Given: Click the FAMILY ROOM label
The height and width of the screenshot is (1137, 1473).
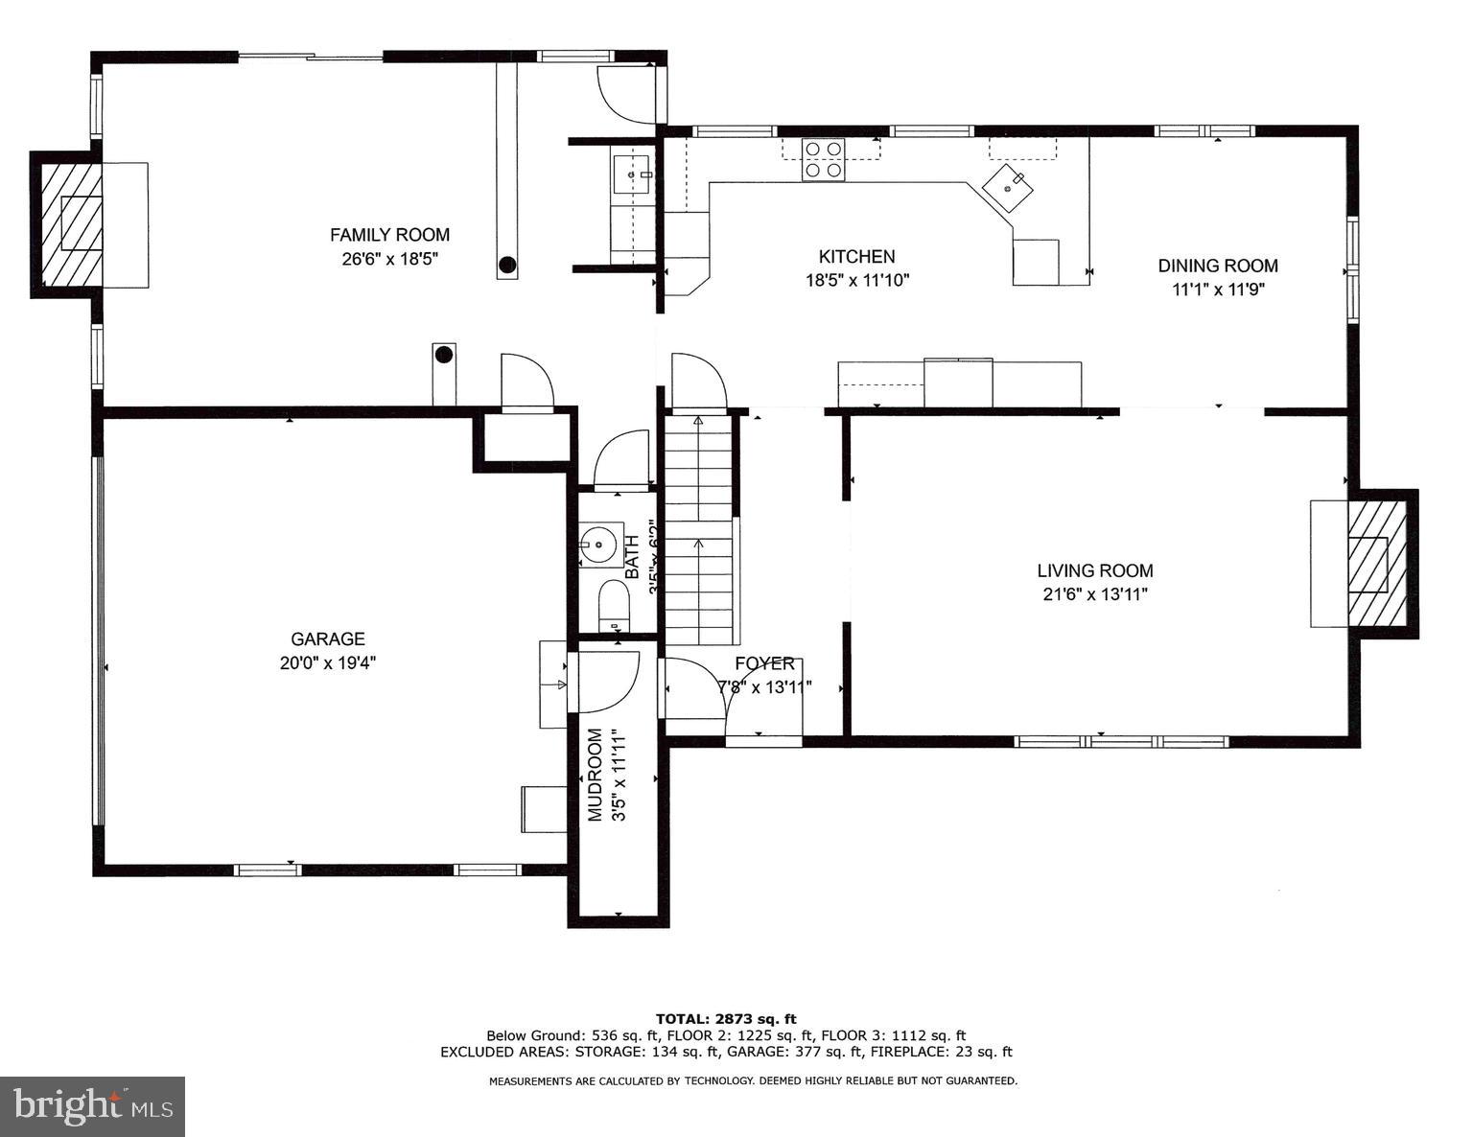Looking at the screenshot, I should click(x=389, y=235).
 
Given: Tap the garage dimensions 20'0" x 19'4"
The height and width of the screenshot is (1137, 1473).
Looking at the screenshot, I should click(x=328, y=662).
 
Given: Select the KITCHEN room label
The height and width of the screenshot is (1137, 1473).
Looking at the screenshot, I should click(x=856, y=257).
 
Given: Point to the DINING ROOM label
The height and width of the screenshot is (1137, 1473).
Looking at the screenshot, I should click(x=1217, y=266).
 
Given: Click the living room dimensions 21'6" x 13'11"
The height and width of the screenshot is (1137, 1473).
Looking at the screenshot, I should click(x=1095, y=594).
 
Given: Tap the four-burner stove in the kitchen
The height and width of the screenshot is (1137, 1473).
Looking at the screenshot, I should click(x=823, y=159).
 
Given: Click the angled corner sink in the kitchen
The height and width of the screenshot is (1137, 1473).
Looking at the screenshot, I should click(x=1008, y=187).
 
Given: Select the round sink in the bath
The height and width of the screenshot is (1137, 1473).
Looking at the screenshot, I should click(x=599, y=545).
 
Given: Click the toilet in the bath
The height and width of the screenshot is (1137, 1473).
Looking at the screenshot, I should click(x=612, y=606).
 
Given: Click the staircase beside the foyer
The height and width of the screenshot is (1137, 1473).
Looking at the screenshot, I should click(x=700, y=532).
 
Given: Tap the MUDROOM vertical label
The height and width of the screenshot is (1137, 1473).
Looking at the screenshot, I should click(x=596, y=775).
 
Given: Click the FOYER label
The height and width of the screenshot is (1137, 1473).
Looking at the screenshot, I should click(x=764, y=663).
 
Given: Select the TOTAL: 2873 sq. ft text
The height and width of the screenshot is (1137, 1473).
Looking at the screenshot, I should click(x=726, y=1018).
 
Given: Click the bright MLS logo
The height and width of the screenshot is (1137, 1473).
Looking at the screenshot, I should click(x=92, y=1106).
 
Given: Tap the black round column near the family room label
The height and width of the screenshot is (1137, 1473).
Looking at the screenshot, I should click(x=506, y=265).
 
